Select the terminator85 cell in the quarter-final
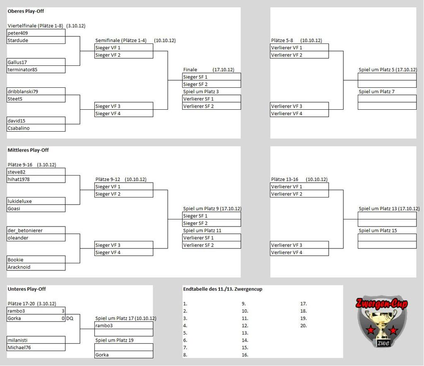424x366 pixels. pos(22,70)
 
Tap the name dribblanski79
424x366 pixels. pos(23,91)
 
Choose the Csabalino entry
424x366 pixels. pos(19,128)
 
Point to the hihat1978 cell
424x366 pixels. pos(19,179)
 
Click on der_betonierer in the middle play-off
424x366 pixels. pos(25,231)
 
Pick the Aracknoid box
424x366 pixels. pos(19,267)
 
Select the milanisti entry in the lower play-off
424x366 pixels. pos(17,340)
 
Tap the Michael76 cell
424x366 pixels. pos(19,348)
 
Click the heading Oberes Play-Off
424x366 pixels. pos(26,11)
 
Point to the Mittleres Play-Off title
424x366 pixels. pos(28,150)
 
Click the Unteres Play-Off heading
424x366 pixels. pos(26,289)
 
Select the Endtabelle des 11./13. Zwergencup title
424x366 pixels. pos(222,289)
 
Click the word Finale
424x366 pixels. pos(190,70)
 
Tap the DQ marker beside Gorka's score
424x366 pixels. pos(70,318)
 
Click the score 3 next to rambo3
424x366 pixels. pos(63,311)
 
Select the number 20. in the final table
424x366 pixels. pos(304,326)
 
